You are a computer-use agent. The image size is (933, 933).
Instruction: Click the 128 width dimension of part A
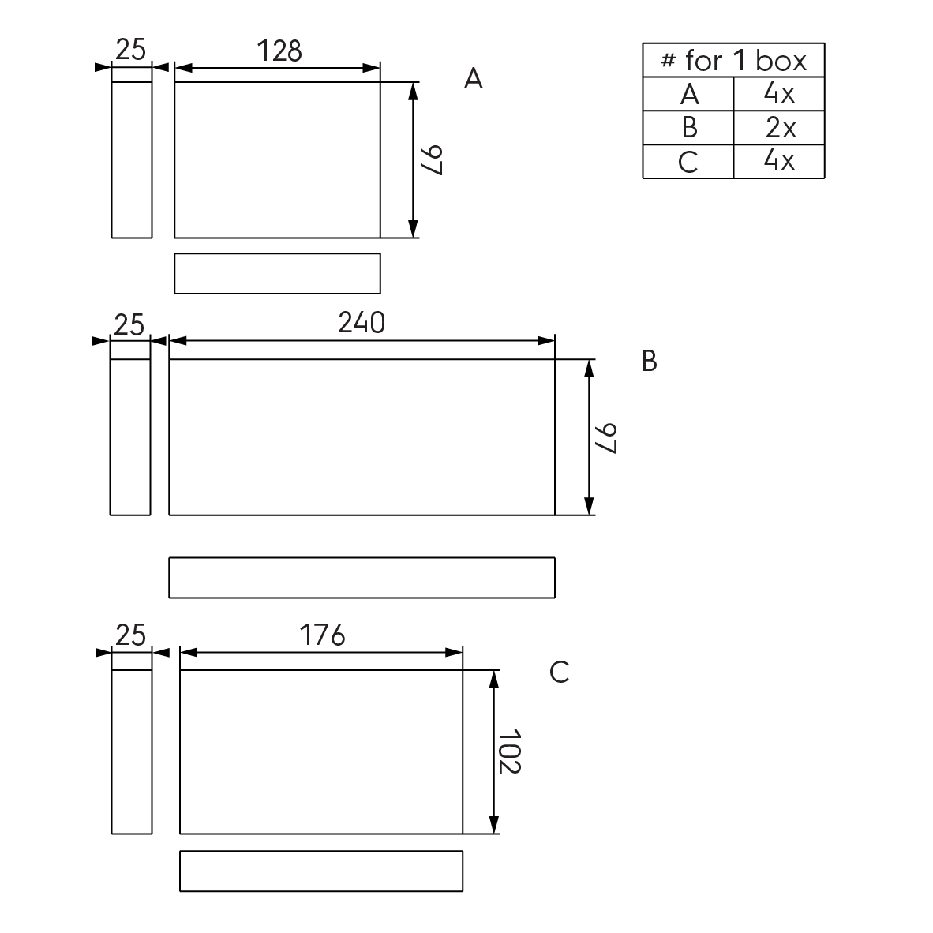(x=279, y=51)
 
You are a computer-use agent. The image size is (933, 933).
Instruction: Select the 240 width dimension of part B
(x=362, y=323)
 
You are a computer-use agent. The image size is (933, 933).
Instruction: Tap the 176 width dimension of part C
(x=322, y=635)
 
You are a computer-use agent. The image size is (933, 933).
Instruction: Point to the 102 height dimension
(x=510, y=751)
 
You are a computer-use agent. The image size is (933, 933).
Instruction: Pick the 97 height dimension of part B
(x=605, y=437)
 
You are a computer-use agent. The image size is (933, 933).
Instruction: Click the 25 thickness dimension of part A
(x=131, y=50)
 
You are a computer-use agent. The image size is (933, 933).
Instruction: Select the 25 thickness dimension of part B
(x=129, y=324)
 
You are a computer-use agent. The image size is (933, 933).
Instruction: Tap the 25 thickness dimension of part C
(x=131, y=635)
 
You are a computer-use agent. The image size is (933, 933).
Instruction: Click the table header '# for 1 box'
(x=733, y=60)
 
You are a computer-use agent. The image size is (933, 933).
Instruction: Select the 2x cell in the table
(x=779, y=128)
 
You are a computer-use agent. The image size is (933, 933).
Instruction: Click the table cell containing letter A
(x=688, y=94)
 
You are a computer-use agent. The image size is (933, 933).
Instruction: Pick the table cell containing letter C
(x=688, y=162)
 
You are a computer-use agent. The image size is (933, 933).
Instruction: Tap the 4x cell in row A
(x=779, y=94)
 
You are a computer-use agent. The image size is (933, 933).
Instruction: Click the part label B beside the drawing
(x=650, y=361)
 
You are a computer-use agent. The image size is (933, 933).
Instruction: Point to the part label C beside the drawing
(x=559, y=673)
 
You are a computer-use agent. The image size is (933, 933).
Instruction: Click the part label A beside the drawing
(x=473, y=79)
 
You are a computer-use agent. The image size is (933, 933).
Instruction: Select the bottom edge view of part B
(x=362, y=578)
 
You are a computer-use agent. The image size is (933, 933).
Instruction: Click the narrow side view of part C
(x=131, y=751)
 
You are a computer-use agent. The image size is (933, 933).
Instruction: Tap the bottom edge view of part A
(x=277, y=273)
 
